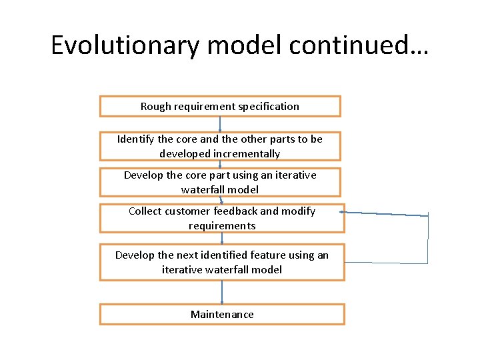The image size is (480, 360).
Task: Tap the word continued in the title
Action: point(363,45)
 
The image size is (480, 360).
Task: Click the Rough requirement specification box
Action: point(220,107)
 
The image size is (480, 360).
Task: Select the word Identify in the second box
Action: point(136,139)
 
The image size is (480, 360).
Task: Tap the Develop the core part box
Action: point(220,182)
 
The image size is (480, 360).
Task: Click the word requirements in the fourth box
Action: point(222,226)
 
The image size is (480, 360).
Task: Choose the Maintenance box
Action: point(222,315)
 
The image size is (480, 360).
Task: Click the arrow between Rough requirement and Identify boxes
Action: point(220,125)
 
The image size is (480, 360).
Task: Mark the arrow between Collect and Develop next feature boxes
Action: point(222,238)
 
